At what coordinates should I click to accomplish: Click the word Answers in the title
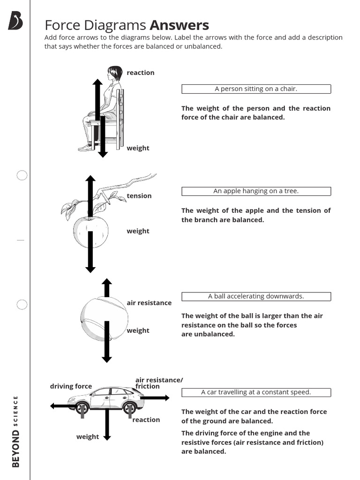[179, 25]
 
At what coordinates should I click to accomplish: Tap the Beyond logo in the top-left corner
[15, 21]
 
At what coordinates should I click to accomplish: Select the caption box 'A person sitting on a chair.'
[256, 89]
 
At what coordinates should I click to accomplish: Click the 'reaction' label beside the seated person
[140, 73]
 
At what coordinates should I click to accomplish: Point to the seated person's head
[114, 73]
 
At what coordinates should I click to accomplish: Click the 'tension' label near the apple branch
[139, 196]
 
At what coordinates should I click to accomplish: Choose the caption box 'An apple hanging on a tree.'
[256, 191]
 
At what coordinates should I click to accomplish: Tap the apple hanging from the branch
[90, 232]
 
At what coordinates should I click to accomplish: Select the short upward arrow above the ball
[107, 287]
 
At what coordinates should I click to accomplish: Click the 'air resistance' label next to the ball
[149, 303]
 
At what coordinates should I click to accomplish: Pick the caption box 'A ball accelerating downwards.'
[256, 296]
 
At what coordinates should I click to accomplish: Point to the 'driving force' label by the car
[71, 386]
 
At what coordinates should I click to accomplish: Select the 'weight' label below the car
[88, 437]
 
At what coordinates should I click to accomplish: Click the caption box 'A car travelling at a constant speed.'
[256, 392]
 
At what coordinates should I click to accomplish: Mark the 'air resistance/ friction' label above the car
[159, 383]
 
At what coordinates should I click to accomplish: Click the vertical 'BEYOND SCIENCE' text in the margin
[16, 431]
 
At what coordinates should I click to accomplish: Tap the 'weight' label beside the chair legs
[138, 148]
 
